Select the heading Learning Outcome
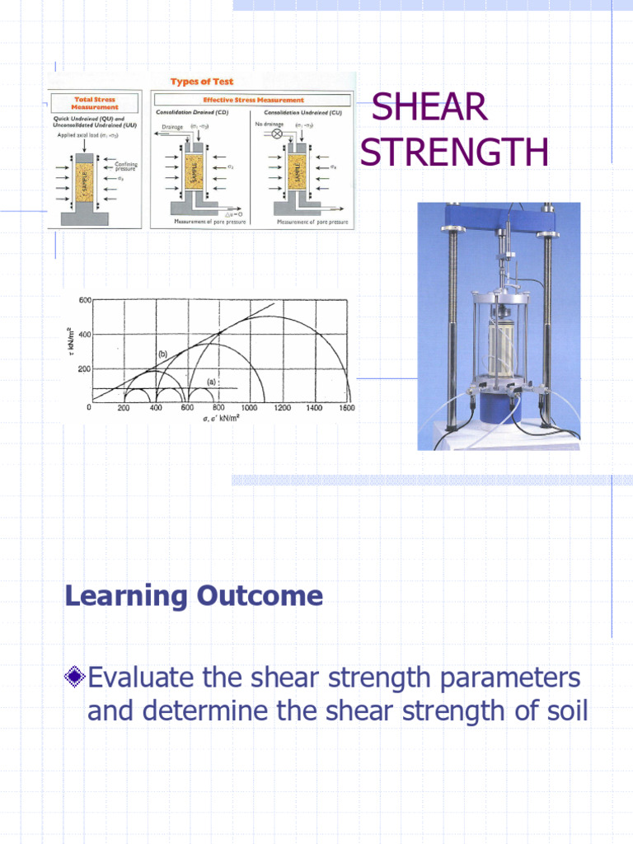pyautogui.click(x=194, y=595)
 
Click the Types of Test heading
pyautogui.click(x=202, y=81)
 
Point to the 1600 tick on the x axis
pyautogui.click(x=345, y=408)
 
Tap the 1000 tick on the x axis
pyautogui.click(x=249, y=408)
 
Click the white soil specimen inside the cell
pyautogui.click(x=500, y=346)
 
